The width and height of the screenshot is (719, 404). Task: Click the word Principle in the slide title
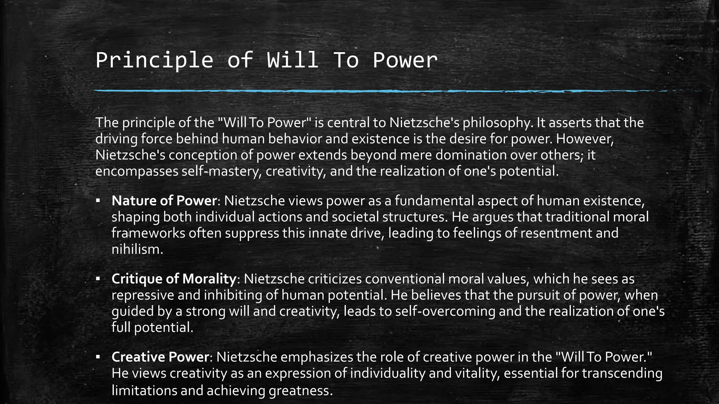tap(154, 60)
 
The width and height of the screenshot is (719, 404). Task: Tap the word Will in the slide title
tap(293, 60)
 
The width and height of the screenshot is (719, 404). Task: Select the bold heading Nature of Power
tap(164, 201)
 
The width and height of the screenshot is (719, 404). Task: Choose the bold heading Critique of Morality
tap(174, 279)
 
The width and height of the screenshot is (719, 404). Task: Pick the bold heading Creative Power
tap(160, 357)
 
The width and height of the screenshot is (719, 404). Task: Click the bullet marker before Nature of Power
tap(98, 201)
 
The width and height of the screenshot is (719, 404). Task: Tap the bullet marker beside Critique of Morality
tap(98, 279)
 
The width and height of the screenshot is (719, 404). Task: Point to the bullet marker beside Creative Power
tap(98, 357)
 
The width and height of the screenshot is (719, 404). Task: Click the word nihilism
tap(137, 249)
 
